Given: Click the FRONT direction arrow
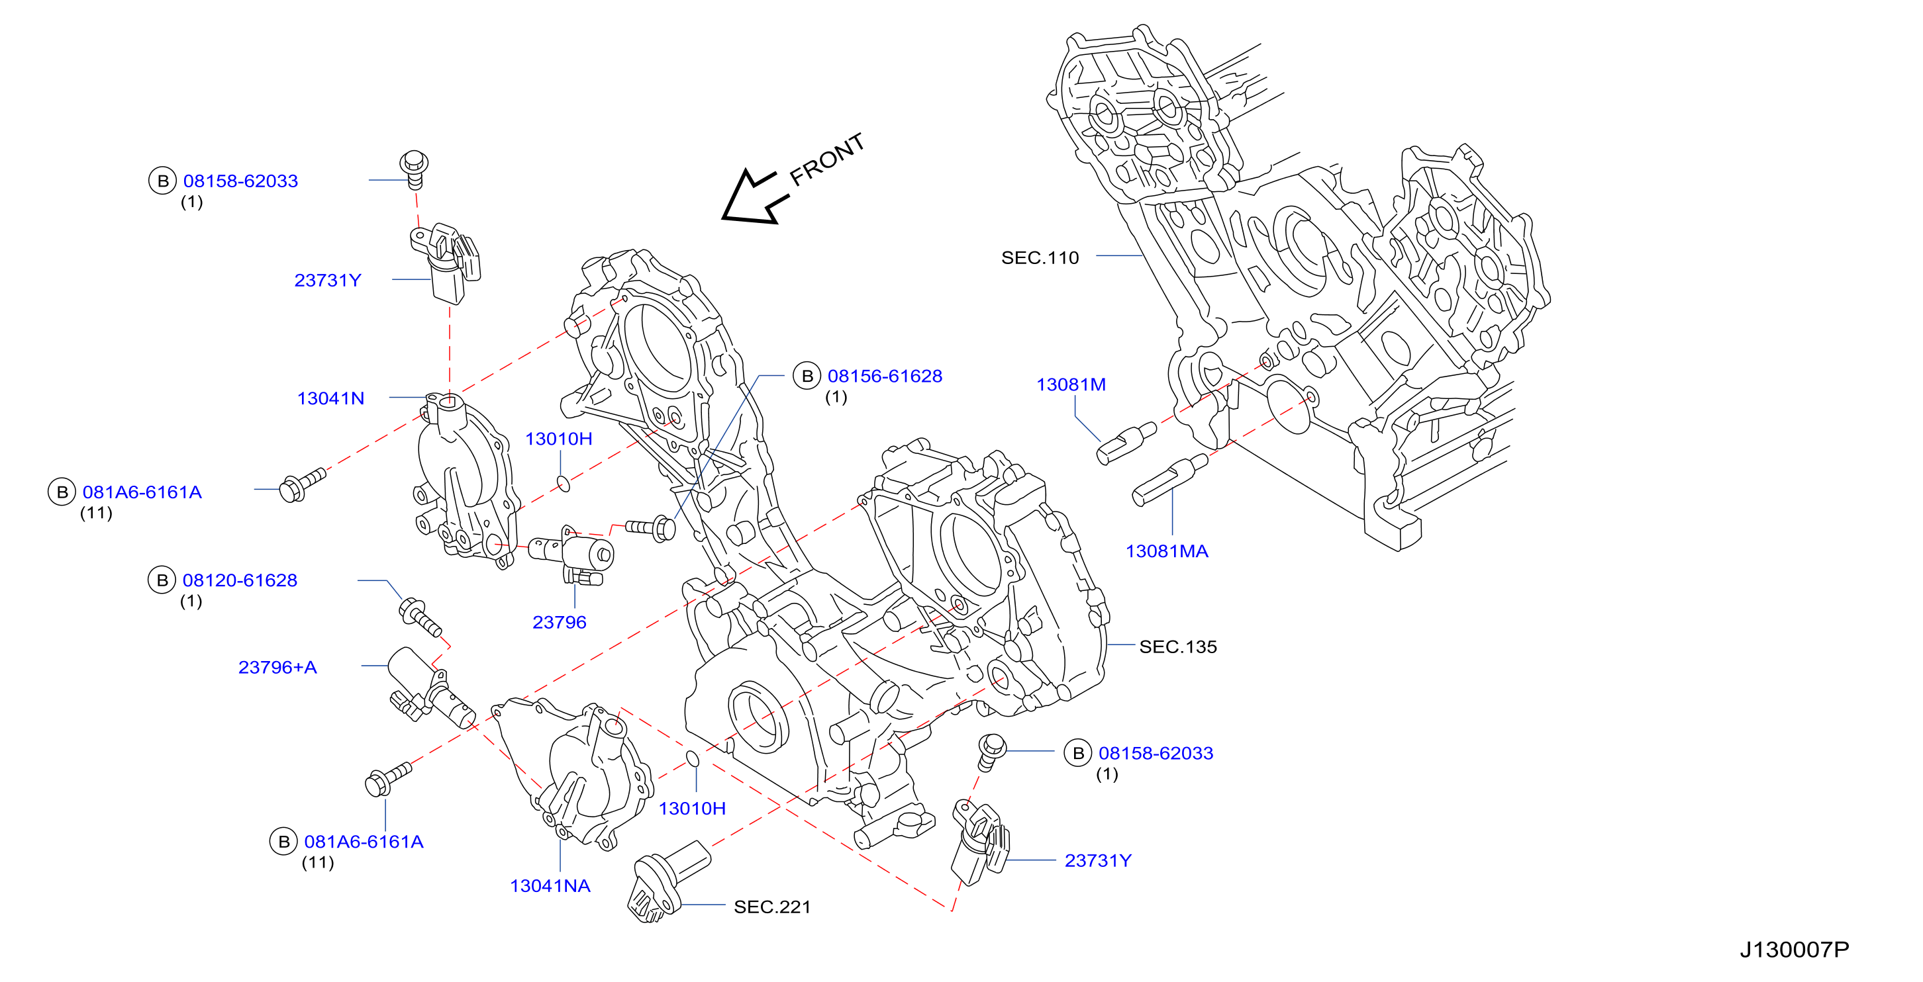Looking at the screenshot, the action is tap(750, 198).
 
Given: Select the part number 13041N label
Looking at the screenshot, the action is tap(330, 398).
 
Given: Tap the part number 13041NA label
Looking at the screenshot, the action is tap(550, 886).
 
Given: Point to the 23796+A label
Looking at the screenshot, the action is tap(277, 667).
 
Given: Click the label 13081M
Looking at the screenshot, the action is tap(1071, 384).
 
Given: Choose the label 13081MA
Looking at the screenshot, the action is tap(1167, 551).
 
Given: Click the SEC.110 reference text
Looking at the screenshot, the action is tap(1040, 257).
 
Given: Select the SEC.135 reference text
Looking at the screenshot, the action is tap(1178, 647).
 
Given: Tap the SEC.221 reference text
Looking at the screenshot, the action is tap(772, 907).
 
